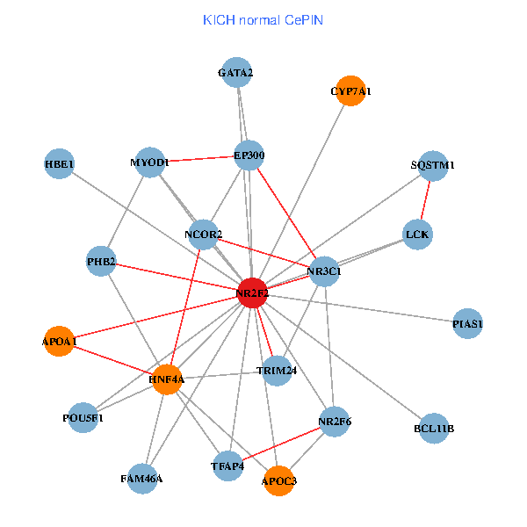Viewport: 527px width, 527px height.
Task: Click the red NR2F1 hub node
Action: point(252,292)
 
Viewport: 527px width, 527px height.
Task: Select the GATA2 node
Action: point(235,72)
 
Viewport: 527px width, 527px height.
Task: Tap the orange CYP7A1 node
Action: point(350,90)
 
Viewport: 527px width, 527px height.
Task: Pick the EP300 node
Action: point(249,155)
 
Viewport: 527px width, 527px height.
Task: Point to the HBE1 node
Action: point(60,163)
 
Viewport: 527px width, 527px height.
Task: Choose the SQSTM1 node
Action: point(433,164)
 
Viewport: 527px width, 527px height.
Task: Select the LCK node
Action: point(417,234)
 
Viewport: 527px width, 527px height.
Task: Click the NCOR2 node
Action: point(203,234)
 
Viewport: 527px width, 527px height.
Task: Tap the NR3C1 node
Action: point(324,271)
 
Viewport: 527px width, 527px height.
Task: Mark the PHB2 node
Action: point(102,261)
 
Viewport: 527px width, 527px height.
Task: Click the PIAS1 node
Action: point(468,324)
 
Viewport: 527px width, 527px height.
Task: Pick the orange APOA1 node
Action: point(60,341)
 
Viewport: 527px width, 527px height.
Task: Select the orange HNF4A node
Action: point(166,379)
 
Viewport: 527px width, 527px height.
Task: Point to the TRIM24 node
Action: point(277,370)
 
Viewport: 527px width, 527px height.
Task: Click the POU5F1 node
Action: point(83,417)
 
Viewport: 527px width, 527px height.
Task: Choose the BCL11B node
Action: point(434,428)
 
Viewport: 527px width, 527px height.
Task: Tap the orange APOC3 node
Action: point(279,480)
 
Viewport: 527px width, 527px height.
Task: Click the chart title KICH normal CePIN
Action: point(263,19)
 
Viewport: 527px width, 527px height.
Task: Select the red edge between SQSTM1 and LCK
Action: point(425,199)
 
